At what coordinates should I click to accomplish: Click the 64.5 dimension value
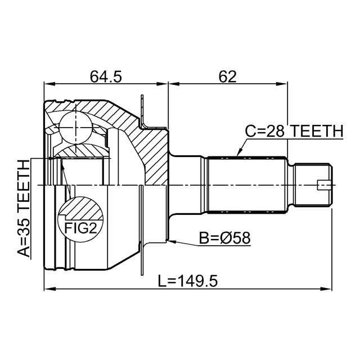click(x=106, y=76)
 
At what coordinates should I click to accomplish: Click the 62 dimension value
click(x=227, y=76)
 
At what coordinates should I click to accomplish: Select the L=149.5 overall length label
click(x=187, y=281)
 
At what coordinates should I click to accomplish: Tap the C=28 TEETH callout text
click(x=294, y=131)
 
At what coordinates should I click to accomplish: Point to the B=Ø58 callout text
click(x=224, y=238)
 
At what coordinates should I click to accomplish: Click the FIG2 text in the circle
click(x=80, y=228)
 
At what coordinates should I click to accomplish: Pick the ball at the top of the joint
click(x=75, y=128)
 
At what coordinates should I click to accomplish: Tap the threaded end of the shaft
click(x=313, y=185)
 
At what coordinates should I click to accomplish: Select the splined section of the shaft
click(x=247, y=185)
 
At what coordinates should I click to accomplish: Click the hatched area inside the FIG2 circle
click(x=80, y=208)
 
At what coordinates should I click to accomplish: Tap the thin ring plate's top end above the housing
click(x=142, y=96)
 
